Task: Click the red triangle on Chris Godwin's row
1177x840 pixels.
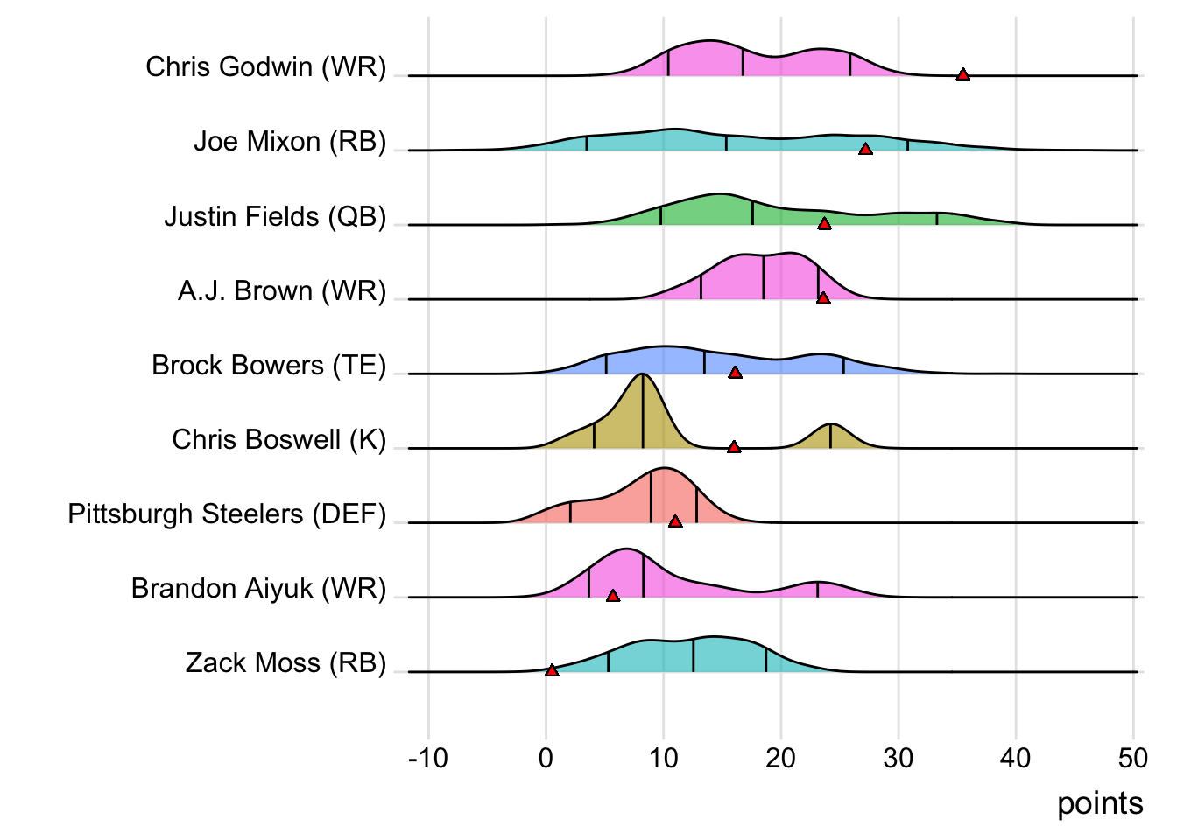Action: point(962,75)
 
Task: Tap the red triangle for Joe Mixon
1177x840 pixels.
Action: point(865,150)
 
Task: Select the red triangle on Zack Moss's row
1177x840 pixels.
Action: point(552,670)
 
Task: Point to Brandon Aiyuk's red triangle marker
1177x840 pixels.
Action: point(613,596)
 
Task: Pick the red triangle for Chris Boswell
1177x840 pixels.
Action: point(734,447)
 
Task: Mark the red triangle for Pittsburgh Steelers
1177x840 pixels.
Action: point(675,521)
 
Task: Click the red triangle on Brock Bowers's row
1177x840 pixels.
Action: point(735,373)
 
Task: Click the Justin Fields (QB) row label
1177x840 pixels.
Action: point(275,216)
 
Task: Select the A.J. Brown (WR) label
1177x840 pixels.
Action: point(282,290)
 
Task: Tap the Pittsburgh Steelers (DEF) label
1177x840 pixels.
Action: point(227,514)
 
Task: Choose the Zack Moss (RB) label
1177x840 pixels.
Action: point(285,662)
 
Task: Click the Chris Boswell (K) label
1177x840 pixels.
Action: point(278,439)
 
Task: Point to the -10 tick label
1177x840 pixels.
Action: point(428,758)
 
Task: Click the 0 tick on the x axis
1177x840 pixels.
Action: point(546,758)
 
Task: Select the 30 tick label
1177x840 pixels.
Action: point(899,758)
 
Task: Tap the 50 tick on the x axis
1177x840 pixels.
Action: point(1133,758)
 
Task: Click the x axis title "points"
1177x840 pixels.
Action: point(1100,803)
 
